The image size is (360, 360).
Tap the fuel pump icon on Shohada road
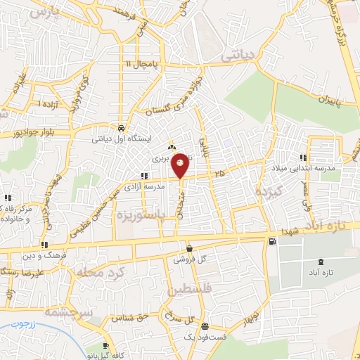tap(271, 242)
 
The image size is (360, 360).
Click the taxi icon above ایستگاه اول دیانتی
tap(122, 129)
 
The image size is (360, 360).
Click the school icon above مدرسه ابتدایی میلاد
tap(303, 158)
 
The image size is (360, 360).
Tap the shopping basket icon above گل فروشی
tap(189, 248)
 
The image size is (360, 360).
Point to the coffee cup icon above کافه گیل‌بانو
tap(105, 346)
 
